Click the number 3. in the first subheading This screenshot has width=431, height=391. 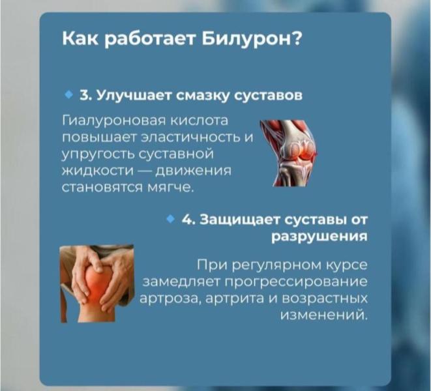click(85, 96)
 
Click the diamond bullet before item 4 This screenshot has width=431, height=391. click(171, 220)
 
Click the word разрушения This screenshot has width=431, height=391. click(318, 236)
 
